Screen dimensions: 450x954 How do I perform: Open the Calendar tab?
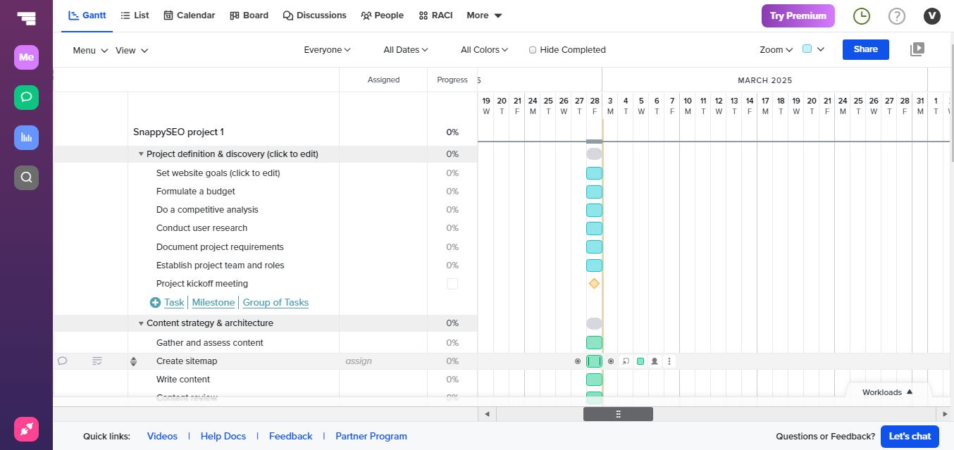click(189, 15)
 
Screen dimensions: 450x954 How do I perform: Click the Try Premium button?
click(798, 15)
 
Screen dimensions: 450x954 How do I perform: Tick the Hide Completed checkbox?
click(533, 50)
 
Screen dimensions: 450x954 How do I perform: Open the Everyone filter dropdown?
click(327, 50)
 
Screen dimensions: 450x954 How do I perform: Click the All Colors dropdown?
click(484, 50)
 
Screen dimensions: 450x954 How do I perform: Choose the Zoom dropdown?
click(776, 50)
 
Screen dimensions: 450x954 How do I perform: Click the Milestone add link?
click(213, 302)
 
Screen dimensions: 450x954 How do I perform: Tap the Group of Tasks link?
click(275, 302)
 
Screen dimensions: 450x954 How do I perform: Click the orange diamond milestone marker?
click(594, 284)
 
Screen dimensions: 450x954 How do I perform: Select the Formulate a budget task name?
click(196, 192)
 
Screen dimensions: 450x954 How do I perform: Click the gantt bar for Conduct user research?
click(594, 228)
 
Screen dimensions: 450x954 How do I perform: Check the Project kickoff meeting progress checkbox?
click(452, 284)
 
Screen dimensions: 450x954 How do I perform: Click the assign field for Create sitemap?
click(358, 361)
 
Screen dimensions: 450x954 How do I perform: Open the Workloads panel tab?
click(887, 392)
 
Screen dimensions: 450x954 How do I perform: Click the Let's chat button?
click(910, 437)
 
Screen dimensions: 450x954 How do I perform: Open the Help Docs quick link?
click(223, 437)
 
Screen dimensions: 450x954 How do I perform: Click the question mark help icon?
click(896, 16)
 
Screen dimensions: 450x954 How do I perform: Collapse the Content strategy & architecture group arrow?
click(141, 323)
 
